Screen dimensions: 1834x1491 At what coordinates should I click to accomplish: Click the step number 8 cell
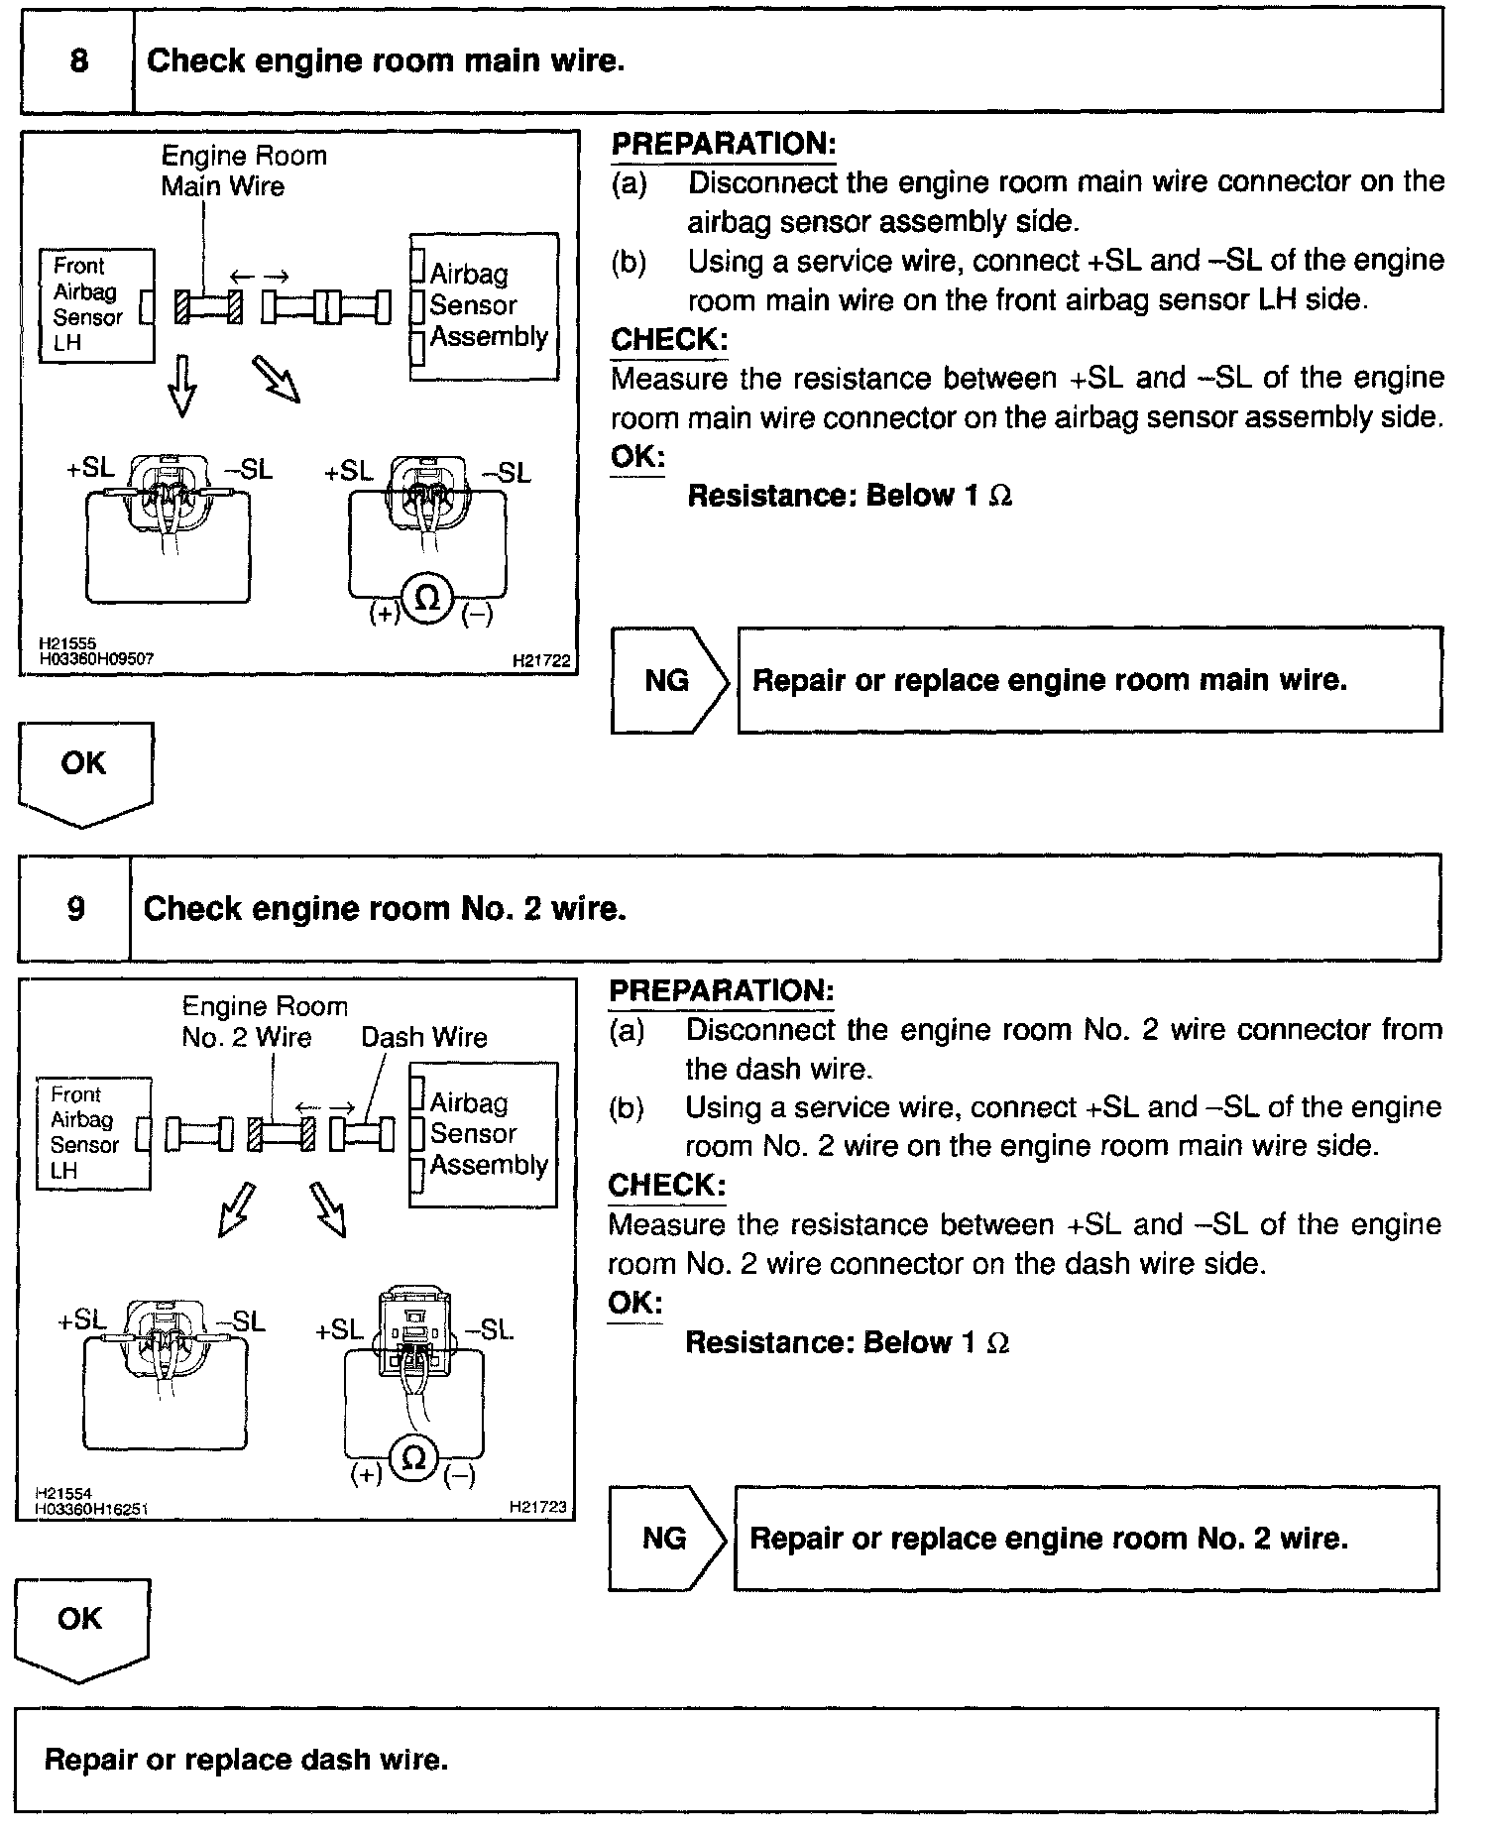pos(77,61)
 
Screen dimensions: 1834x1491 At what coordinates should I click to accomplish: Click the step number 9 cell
pos(75,908)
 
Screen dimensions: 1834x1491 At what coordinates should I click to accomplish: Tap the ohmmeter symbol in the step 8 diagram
pos(427,598)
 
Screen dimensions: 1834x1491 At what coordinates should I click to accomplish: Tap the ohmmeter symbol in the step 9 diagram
pos(414,1457)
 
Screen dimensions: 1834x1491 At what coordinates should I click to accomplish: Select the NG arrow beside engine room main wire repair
pos(669,680)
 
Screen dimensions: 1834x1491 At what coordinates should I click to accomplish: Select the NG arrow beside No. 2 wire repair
pos(666,1538)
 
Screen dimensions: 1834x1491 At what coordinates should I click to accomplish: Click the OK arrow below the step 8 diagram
pos(85,770)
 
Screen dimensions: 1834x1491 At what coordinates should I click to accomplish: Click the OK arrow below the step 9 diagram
pos(81,1627)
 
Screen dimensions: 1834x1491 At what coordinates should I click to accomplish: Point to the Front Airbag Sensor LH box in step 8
pos(96,305)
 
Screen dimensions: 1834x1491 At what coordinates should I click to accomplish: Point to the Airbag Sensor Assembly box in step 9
pos(484,1134)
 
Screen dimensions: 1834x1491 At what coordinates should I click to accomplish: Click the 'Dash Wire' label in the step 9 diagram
pos(423,1037)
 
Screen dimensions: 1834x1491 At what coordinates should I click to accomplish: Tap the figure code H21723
pos(538,1507)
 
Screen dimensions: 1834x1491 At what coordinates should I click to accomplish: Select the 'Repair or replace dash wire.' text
pos(246,1760)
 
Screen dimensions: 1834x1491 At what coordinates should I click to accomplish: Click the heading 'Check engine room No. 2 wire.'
pos(385,908)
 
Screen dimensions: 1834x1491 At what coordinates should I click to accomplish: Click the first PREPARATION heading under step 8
pos(724,144)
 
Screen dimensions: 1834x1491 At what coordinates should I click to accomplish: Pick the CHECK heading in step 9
pos(666,1185)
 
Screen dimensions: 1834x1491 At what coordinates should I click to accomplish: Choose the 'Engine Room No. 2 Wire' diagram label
pos(264,1021)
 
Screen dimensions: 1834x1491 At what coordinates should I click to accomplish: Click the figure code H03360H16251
pos(91,1510)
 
